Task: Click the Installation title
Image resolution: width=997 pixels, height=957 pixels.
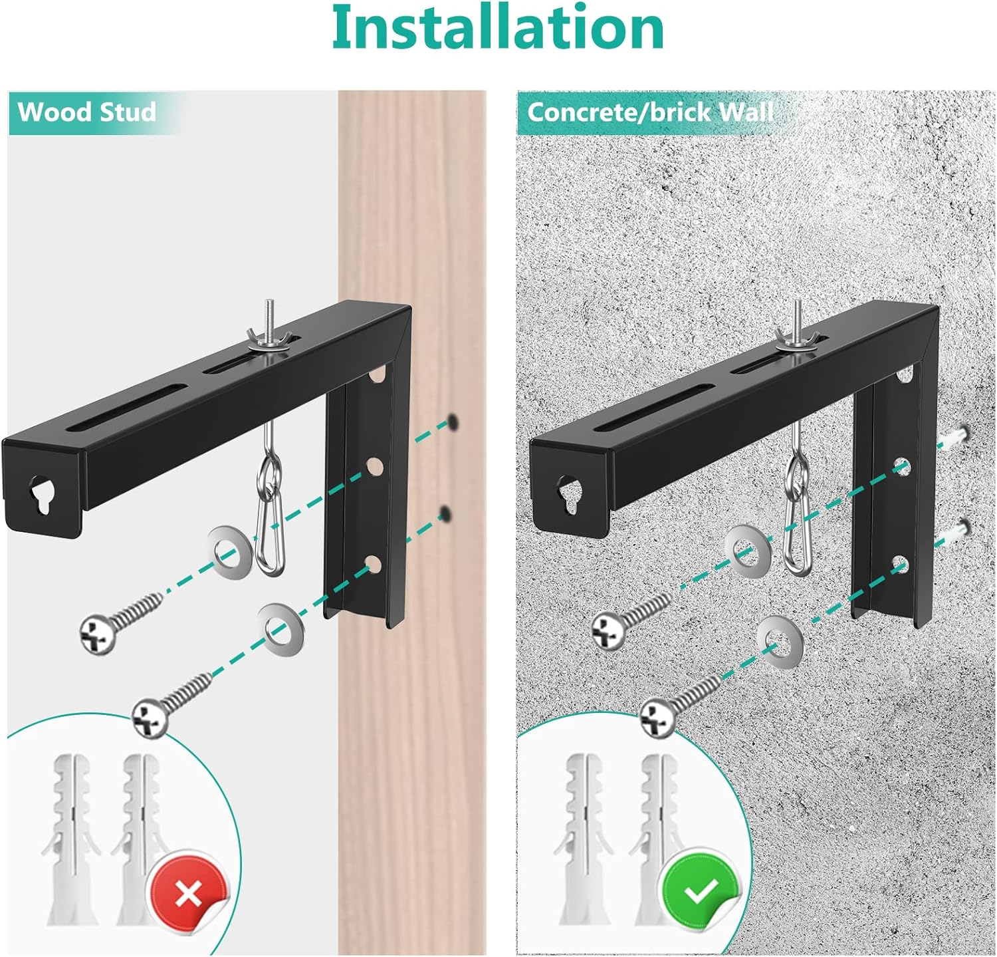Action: pos(498,28)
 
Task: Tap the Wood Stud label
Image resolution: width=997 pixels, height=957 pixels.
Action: pos(87,112)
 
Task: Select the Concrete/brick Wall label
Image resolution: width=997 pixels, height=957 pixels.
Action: pos(650,112)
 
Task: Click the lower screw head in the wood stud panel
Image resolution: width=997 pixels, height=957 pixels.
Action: pos(150,718)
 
